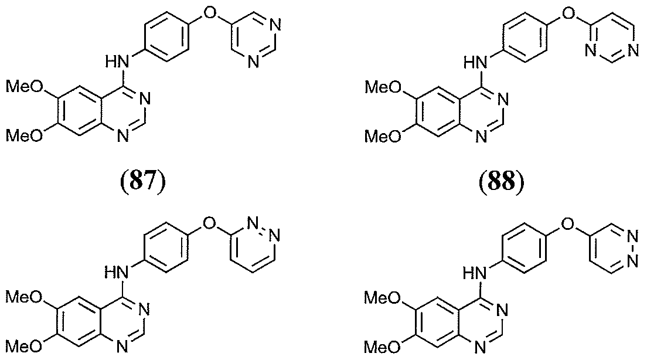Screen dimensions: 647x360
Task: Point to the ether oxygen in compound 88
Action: (568, 13)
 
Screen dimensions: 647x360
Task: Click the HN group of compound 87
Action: (117, 62)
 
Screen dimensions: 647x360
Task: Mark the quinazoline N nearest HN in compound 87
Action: (145, 99)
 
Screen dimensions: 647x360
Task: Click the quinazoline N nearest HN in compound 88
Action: (503, 99)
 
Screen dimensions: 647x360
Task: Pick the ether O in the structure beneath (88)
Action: (568, 223)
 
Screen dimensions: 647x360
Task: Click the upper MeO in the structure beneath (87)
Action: (25, 297)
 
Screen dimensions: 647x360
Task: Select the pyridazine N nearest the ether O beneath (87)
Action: (253, 223)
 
